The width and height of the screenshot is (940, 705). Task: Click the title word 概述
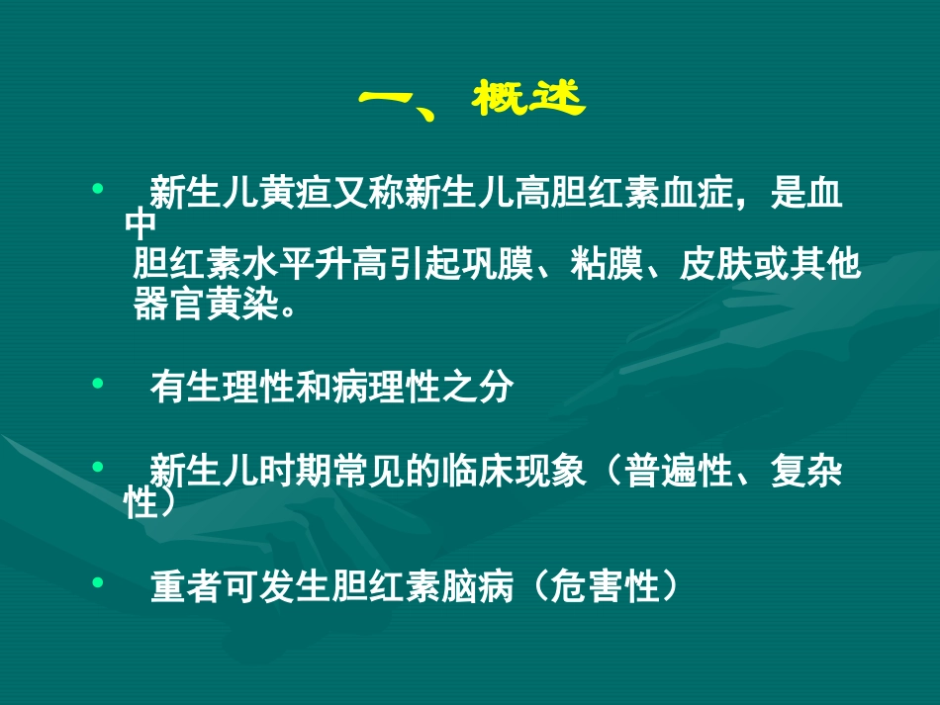point(530,99)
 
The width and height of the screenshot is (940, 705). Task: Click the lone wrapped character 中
point(141,226)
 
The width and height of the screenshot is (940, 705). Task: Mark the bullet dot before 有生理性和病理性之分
point(97,381)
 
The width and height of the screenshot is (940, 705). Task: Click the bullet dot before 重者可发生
point(97,582)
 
